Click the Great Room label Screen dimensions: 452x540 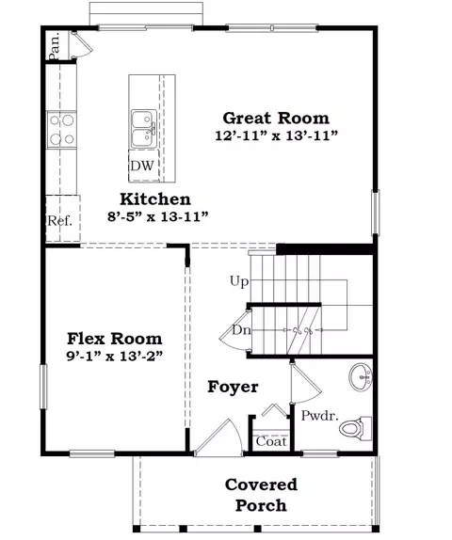276,119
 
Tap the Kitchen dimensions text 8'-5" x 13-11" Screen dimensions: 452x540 158,216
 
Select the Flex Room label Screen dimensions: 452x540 115,339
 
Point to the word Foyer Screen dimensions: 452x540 233,387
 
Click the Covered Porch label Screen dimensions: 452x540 261,495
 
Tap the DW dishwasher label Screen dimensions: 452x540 141,166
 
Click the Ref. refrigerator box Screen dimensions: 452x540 63,218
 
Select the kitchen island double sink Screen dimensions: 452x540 144,129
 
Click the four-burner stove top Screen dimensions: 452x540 61,130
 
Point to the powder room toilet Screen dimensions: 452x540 355,428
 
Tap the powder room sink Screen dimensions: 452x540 361,377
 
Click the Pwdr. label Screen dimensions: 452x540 319,416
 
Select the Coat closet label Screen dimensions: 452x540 271,441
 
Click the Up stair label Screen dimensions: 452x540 239,281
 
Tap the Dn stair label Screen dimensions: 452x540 241,330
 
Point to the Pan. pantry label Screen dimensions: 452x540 55,46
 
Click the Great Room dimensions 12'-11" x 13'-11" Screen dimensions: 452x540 277,135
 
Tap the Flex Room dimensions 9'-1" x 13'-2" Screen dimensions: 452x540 115,356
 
